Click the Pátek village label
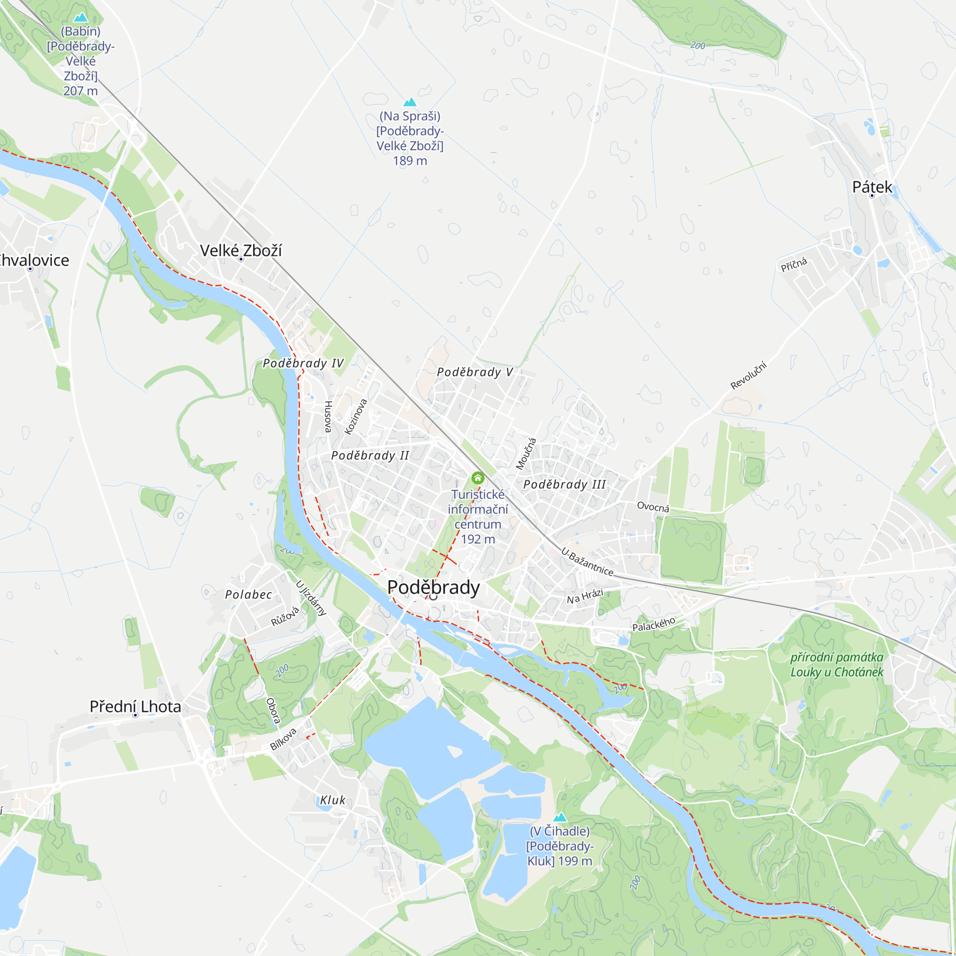click(x=872, y=187)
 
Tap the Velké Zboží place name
click(x=240, y=250)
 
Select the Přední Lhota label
click(x=135, y=706)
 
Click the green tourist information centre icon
click(x=478, y=478)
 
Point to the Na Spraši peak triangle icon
click(x=410, y=102)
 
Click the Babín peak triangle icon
click(x=80, y=18)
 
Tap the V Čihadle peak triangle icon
click(x=560, y=816)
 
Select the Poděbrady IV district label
click(x=303, y=363)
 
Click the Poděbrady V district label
click(x=475, y=372)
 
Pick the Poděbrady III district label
click(x=565, y=484)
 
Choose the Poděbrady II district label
click(x=369, y=455)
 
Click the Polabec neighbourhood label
click(x=249, y=594)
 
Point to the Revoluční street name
click(x=748, y=376)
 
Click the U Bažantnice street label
click(x=587, y=562)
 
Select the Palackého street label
click(x=653, y=624)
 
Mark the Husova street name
click(x=327, y=417)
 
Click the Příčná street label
click(x=793, y=265)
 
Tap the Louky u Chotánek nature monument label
click(x=836, y=664)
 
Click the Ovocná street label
click(x=652, y=507)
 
